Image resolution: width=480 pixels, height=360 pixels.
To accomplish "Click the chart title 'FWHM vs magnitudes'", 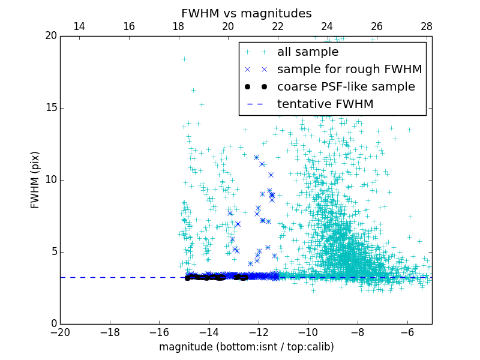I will (x=246, y=13).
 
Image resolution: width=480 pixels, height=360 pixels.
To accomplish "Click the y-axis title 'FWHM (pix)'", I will (x=35, y=179).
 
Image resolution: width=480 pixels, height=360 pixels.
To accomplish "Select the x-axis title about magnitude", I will (x=246, y=347).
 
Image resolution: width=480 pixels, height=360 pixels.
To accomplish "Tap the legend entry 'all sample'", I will (x=307, y=52).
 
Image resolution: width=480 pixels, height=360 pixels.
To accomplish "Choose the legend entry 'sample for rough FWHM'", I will (x=349, y=70).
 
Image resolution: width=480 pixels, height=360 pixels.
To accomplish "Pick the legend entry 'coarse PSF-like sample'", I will (x=346, y=87).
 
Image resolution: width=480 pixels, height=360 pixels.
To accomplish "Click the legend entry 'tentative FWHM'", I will (x=325, y=104).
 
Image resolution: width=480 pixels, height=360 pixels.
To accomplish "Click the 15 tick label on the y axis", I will (x=50, y=108).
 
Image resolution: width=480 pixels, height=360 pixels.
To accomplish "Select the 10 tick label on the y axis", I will (x=50, y=180).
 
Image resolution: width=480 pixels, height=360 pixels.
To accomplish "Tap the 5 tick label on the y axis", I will (x=53, y=252).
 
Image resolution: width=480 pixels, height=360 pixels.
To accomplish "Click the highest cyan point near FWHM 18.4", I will (x=184, y=59).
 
